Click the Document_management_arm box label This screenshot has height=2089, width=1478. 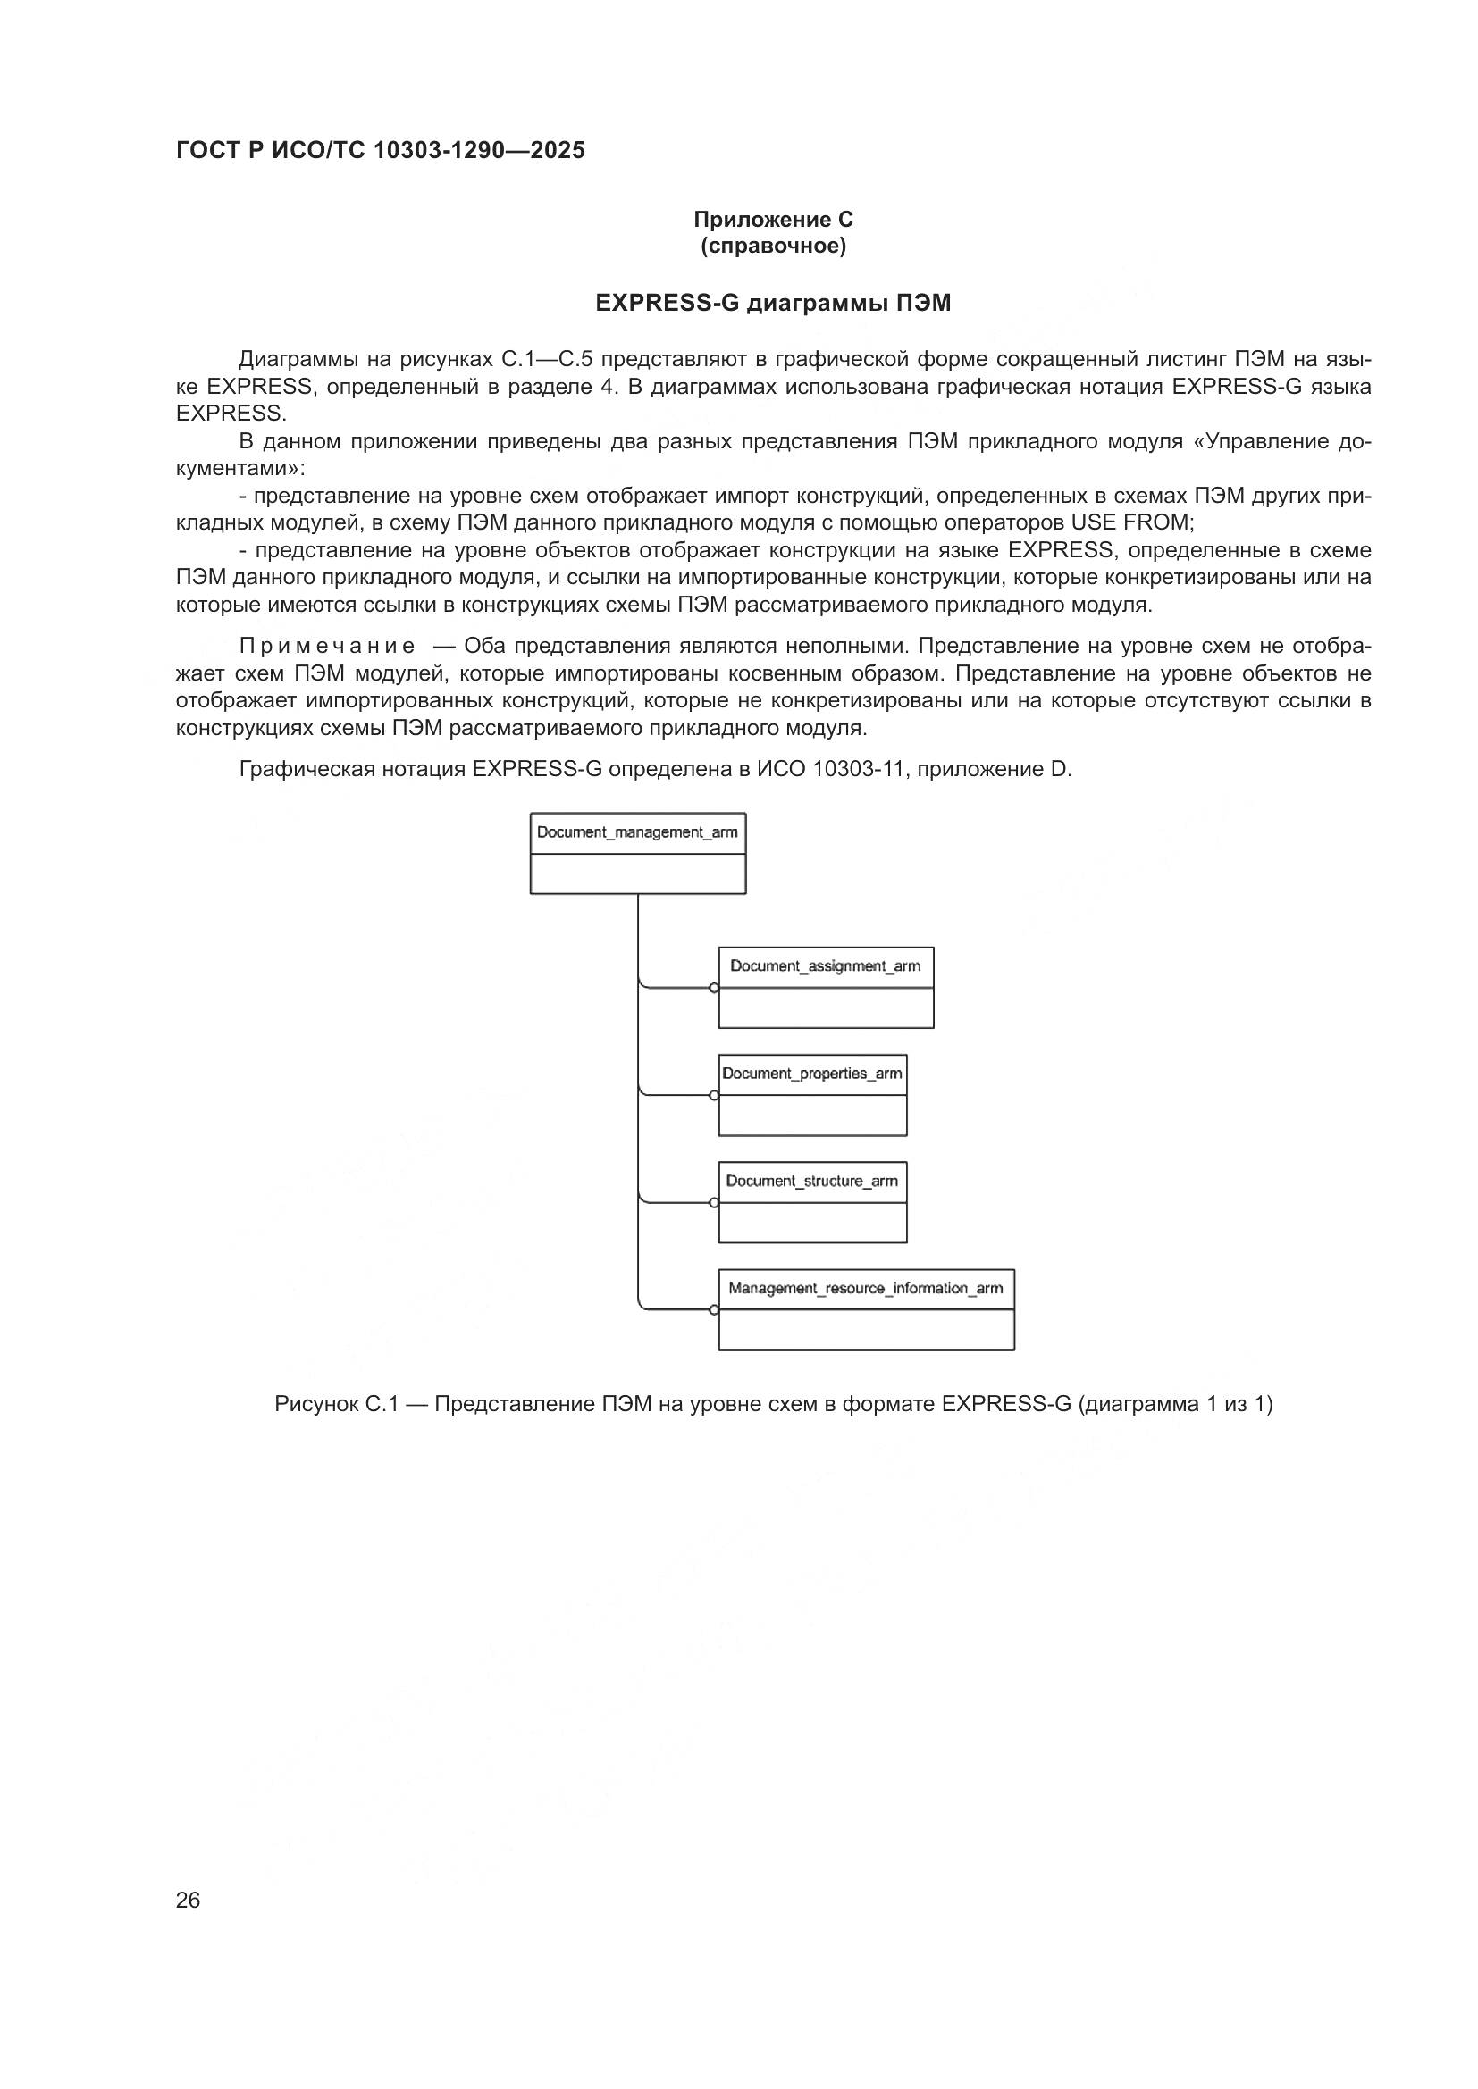[637, 832]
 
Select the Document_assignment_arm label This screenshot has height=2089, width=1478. [825, 966]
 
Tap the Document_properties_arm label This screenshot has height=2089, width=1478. [811, 1074]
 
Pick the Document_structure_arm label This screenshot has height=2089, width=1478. [811, 1181]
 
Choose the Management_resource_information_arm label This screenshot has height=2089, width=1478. [866, 1289]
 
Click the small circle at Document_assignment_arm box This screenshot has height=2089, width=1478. [715, 988]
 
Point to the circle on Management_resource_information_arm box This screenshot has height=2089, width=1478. [715, 1310]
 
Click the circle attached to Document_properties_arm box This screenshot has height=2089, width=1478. [715, 1096]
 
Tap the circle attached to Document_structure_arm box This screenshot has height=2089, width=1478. [715, 1203]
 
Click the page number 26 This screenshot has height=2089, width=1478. [188, 1901]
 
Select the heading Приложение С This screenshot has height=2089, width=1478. [773, 220]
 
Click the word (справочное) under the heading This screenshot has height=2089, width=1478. [773, 247]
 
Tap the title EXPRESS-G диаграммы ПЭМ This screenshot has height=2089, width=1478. [773, 304]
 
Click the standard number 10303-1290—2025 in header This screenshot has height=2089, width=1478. [479, 151]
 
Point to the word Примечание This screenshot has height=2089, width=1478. [327, 647]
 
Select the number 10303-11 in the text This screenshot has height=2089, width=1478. [860, 770]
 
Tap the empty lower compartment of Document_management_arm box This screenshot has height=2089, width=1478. [637, 873]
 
